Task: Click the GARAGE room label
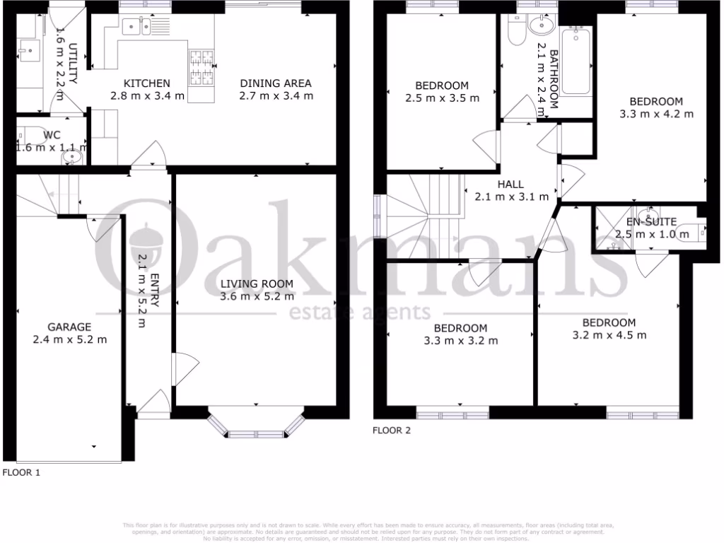coord(69,327)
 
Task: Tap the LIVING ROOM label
coord(256,284)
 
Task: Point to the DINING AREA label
coord(275,83)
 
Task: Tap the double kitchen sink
coord(136,28)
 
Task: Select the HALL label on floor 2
coord(510,185)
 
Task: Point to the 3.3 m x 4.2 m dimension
coord(656,113)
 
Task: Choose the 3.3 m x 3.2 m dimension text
coord(460,340)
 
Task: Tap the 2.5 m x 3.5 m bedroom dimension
coord(442,98)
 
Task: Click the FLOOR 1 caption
coord(21,472)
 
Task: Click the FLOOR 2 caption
coord(391,429)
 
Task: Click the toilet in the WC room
coord(33,134)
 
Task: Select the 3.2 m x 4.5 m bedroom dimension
coord(609,334)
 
